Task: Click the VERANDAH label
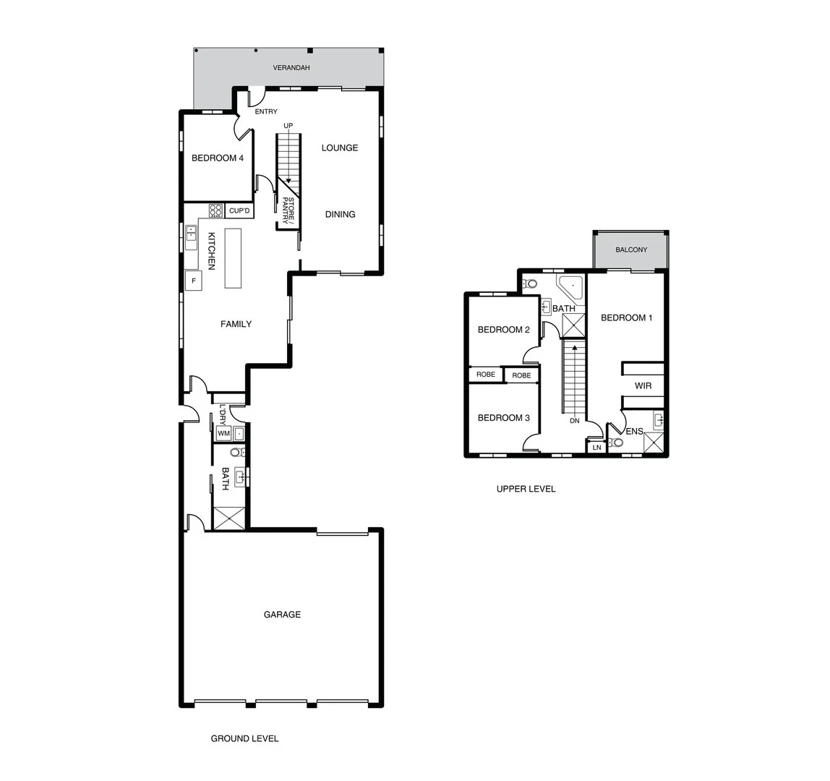coord(291,68)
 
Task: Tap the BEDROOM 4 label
coord(217,158)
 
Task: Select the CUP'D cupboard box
coord(239,211)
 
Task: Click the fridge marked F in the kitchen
coord(194,281)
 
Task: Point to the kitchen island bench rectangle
coord(233,258)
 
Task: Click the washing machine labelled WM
coord(223,433)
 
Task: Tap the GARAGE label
coord(282,615)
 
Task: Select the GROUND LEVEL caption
coord(244,738)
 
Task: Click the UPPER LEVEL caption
coord(526,489)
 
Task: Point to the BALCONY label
coord(631,250)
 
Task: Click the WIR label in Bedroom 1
coord(643,386)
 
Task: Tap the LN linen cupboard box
coord(596,448)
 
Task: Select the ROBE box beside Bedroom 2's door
coord(521,375)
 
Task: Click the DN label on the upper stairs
coord(575,420)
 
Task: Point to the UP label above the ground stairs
coord(288,126)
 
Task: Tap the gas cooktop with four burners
coord(216,210)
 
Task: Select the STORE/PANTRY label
coord(288,211)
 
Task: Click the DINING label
coord(340,214)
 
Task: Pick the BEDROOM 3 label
coord(504,418)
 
